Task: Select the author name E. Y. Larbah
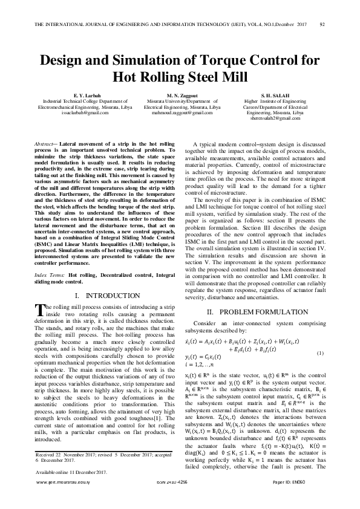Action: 88,95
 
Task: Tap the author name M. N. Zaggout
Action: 182,95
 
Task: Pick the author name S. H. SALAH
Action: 276,95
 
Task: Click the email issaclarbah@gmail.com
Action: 88,113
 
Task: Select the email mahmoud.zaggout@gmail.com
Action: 182,113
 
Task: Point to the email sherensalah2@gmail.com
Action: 276,119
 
